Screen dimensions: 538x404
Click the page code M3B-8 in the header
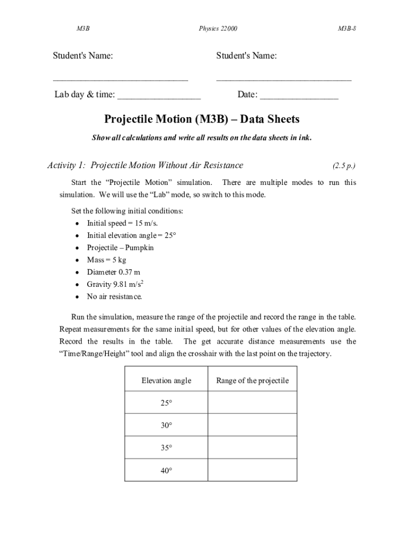347,28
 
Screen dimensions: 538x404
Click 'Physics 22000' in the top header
218,28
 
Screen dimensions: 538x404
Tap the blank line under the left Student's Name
120,79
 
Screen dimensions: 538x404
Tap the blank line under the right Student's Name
283,79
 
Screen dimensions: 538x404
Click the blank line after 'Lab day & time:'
159,97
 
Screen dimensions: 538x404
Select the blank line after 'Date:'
299,97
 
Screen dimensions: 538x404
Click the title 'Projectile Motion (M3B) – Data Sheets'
202,119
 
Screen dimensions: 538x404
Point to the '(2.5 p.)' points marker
344,166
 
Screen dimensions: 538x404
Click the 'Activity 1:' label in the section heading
67,165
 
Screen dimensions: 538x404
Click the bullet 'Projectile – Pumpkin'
120,247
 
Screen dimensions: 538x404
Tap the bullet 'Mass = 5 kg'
107,260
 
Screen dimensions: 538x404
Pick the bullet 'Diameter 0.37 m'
113,272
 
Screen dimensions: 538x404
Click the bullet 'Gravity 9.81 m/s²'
115,284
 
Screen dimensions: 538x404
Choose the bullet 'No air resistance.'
114,297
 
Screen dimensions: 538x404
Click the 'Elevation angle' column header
166,380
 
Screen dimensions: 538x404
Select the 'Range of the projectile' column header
252,380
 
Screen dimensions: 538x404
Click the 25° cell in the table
166,403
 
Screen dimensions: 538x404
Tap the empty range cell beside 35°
252,448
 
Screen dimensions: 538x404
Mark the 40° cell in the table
166,471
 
